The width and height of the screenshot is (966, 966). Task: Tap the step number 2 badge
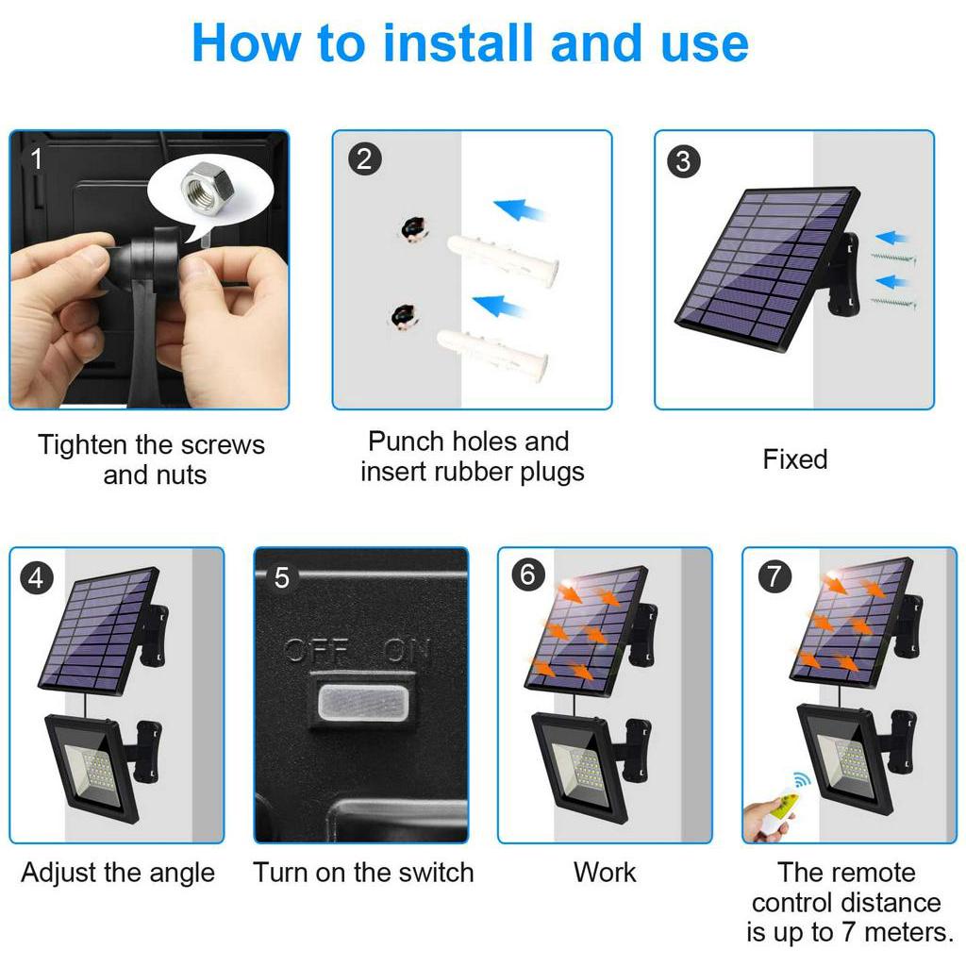tap(364, 159)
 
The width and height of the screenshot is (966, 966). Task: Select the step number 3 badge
tap(683, 161)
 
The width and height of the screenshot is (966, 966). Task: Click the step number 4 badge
tap(36, 578)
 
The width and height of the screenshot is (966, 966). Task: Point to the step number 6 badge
tap(528, 575)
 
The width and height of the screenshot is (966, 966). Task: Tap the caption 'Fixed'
tap(794, 459)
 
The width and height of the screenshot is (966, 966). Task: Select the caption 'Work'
tap(605, 873)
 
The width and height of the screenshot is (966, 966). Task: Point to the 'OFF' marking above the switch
tap(317, 651)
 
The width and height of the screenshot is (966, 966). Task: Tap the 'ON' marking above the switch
tap(406, 651)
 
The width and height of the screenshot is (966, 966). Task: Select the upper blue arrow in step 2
tap(520, 209)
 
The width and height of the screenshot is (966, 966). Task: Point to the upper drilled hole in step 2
tap(413, 229)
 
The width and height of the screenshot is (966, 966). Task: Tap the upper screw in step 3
tap(893, 257)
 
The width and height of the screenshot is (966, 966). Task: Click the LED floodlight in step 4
tap(93, 766)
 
